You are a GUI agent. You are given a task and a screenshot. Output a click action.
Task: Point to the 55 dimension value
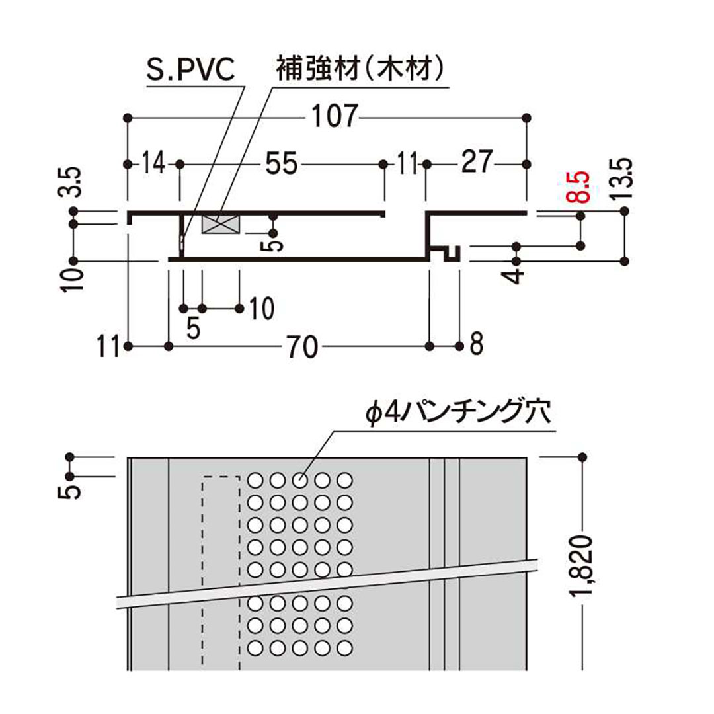[x=281, y=163]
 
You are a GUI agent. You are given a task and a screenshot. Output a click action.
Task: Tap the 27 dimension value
[x=477, y=163]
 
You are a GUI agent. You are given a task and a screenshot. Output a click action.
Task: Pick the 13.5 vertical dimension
[x=625, y=180]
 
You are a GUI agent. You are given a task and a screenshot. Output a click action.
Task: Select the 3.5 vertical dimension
[x=73, y=183]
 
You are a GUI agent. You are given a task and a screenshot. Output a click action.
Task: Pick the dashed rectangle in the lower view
[x=220, y=569]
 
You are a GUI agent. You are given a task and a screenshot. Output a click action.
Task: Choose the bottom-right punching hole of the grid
[x=343, y=647]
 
